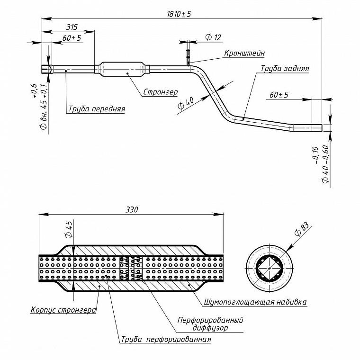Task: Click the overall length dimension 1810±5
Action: tap(179, 14)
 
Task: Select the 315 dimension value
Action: tap(72, 27)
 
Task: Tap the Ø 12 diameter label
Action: tap(213, 37)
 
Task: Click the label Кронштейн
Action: tap(244, 53)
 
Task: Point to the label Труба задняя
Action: tap(285, 68)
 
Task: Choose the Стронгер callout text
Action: tap(161, 92)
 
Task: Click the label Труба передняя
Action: tap(97, 108)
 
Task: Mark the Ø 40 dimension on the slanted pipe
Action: tap(186, 104)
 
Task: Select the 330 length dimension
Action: tap(132, 210)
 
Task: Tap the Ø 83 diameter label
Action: tap(302, 229)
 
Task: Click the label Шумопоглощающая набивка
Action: tap(255, 302)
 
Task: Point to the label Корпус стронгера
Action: tap(63, 310)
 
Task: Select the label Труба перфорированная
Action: tap(166, 339)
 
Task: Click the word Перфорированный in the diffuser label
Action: tap(210, 320)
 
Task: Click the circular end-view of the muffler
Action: tap(270, 268)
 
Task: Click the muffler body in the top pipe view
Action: tap(123, 69)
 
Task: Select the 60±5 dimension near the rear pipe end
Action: tap(279, 95)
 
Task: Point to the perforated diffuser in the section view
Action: tap(131, 268)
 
